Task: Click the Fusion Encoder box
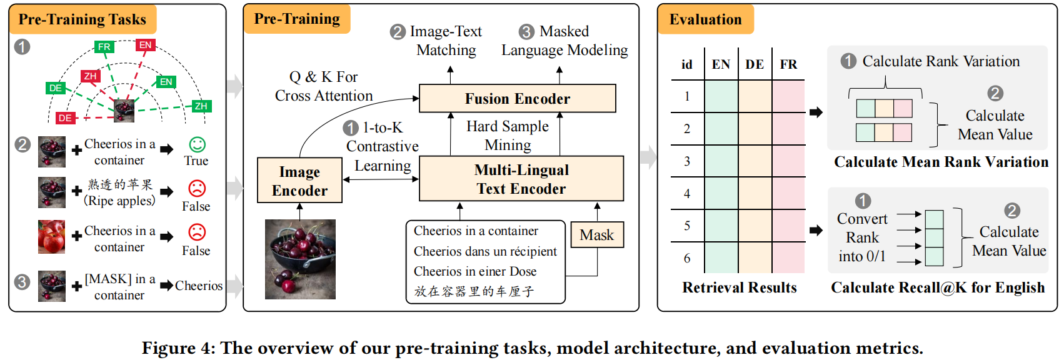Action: click(x=517, y=99)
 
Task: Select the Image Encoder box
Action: click(x=299, y=181)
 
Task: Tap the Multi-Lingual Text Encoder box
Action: click(x=521, y=179)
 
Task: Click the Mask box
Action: click(x=597, y=235)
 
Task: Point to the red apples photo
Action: click(x=51, y=236)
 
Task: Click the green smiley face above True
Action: click(x=197, y=145)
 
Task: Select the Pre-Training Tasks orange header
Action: click(x=83, y=19)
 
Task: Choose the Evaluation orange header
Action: click(x=705, y=19)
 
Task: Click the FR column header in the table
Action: click(x=788, y=64)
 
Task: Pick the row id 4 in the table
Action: click(x=687, y=193)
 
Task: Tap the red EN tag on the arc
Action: click(x=146, y=45)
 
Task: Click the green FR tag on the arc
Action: click(x=104, y=47)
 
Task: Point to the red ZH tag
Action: click(x=91, y=76)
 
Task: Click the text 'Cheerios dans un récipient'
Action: click(x=485, y=251)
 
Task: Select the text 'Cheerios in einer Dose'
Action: click(x=475, y=271)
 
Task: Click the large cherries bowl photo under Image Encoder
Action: click(x=300, y=259)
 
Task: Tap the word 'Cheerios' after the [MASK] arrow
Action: click(x=199, y=286)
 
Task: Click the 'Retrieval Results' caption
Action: click(x=740, y=287)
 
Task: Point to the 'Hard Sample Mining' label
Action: click(x=508, y=136)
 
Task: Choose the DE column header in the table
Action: click(x=755, y=64)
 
